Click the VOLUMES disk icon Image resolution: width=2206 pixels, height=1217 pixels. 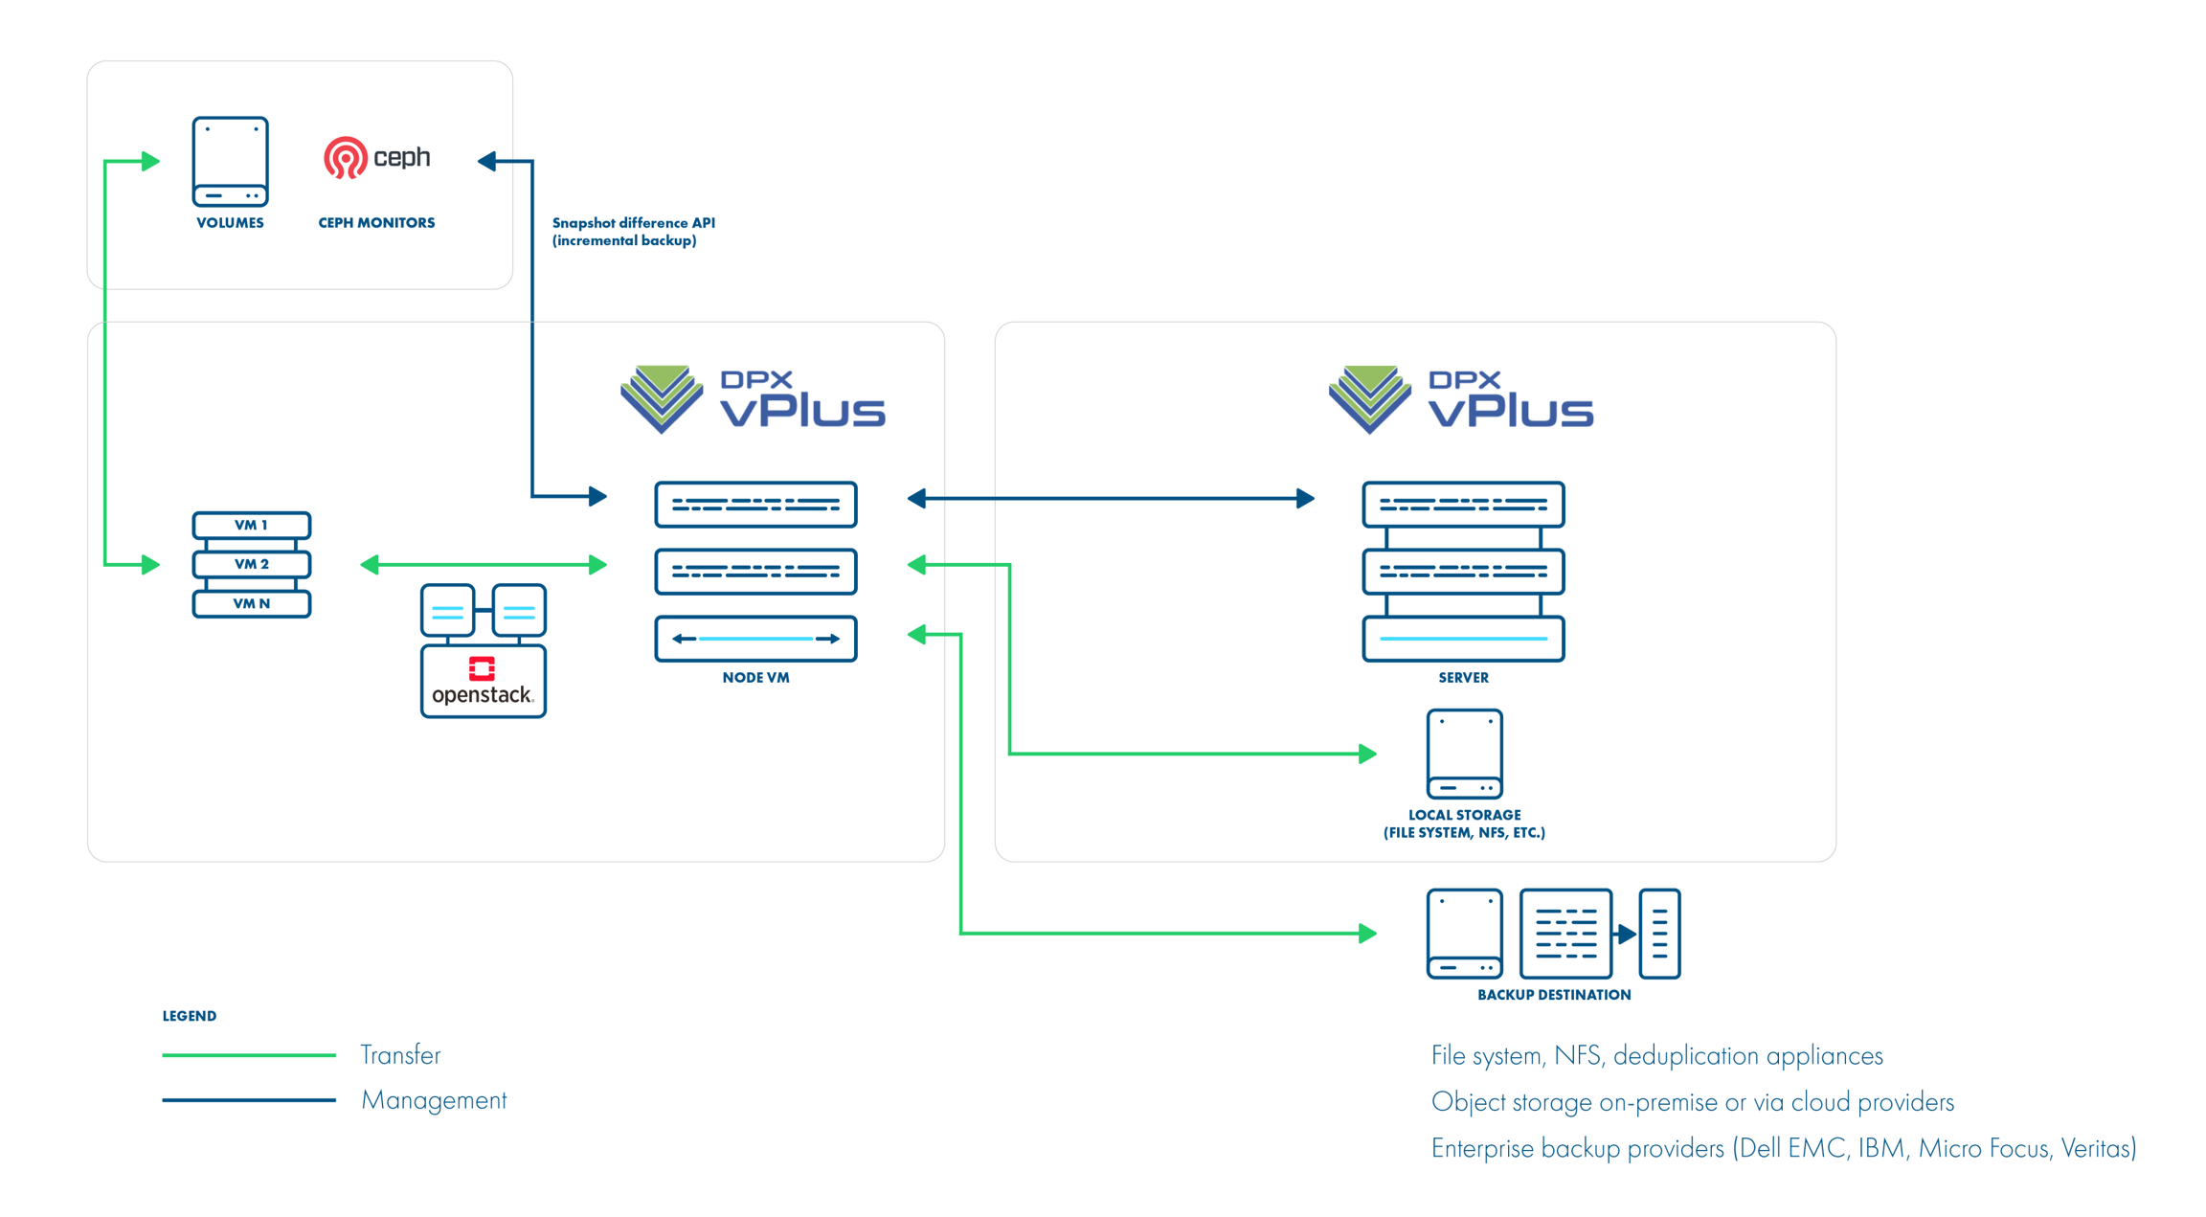click(230, 161)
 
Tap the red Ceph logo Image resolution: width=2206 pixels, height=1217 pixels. click(346, 158)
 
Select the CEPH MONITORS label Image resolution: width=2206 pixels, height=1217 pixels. click(376, 223)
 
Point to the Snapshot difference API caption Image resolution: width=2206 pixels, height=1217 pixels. click(633, 232)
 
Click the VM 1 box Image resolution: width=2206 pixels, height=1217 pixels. click(251, 525)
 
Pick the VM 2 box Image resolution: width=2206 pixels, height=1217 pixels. click(251, 564)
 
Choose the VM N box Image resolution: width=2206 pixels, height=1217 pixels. click(251, 603)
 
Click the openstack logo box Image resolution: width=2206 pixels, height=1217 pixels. click(483, 682)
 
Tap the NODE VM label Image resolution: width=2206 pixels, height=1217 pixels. click(755, 678)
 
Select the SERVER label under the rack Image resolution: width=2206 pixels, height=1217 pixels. click(1463, 678)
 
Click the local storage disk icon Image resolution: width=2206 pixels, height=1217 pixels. click(1464, 754)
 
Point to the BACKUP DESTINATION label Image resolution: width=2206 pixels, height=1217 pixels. click(1553, 995)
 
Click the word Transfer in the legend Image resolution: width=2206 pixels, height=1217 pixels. click(400, 1055)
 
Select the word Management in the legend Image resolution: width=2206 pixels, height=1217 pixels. click(434, 1100)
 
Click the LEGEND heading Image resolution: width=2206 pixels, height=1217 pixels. click(190, 1016)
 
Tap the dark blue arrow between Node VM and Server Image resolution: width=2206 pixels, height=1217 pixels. click(1111, 498)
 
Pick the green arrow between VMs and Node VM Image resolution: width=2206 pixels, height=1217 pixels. click(484, 565)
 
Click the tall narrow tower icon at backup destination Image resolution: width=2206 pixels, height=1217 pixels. click(1659, 934)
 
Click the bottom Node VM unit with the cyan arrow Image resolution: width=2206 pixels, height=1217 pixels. click(755, 639)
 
